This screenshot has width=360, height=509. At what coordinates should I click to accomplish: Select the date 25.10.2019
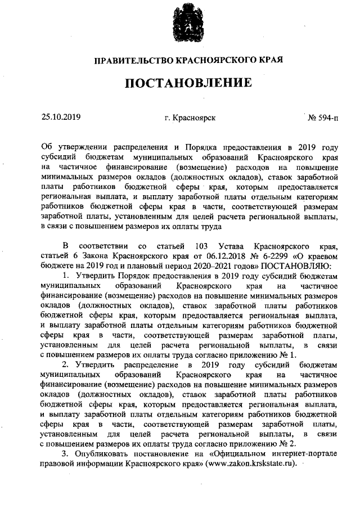61,118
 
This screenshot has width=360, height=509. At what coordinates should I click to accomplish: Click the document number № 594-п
323,118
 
